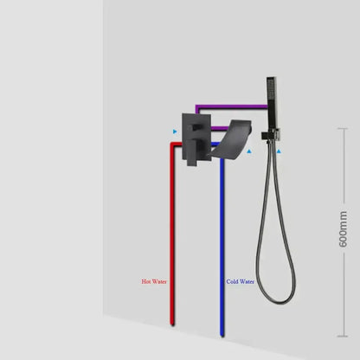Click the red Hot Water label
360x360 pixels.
click(x=154, y=281)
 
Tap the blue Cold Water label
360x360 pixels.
click(x=241, y=281)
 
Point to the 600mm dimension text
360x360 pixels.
click(x=343, y=229)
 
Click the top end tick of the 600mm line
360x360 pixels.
click(x=343, y=129)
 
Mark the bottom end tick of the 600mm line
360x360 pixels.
click(x=343, y=336)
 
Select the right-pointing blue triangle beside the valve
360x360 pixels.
click(x=175, y=132)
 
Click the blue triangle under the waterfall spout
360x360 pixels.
click(x=249, y=151)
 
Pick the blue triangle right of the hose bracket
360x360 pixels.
click(x=279, y=151)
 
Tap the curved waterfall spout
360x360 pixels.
click(x=231, y=138)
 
